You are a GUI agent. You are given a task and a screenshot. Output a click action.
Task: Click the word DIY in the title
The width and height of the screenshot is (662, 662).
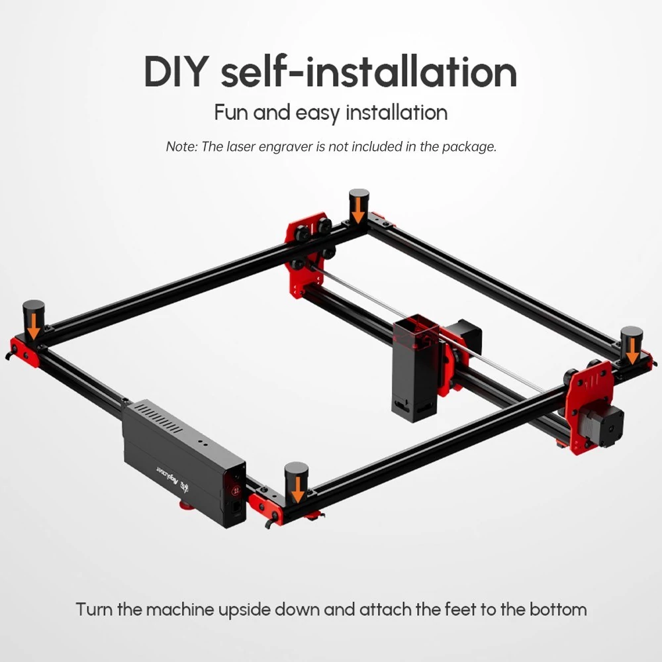pyautogui.click(x=176, y=71)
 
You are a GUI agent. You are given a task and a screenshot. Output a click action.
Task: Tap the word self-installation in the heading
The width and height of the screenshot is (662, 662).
pyautogui.click(x=369, y=71)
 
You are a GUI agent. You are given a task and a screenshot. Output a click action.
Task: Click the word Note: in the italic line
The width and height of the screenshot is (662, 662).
pyautogui.click(x=181, y=146)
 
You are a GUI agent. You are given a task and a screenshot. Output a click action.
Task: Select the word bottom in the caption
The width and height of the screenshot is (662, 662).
pyautogui.click(x=557, y=610)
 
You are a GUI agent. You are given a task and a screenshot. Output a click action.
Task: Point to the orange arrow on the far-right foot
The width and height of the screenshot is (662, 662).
pyautogui.click(x=632, y=352)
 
